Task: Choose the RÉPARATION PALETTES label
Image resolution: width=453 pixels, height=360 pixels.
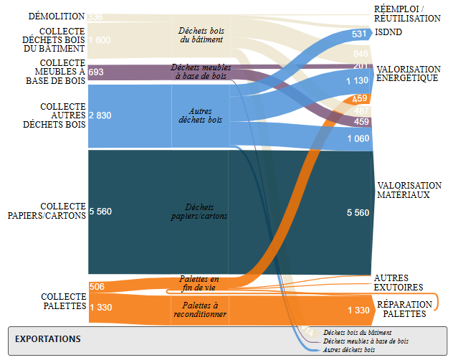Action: pyautogui.click(x=403, y=309)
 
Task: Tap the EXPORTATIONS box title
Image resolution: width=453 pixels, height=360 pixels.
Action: pyautogui.click(x=48, y=338)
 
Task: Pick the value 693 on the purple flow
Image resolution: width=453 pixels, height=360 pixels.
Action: pyautogui.click(x=96, y=72)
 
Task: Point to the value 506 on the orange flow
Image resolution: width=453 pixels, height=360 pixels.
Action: pyautogui.click(x=97, y=287)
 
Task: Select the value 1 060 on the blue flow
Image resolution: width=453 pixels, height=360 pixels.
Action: pyautogui.click(x=357, y=138)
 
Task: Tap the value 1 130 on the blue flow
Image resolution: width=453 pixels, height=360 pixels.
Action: pyautogui.click(x=357, y=81)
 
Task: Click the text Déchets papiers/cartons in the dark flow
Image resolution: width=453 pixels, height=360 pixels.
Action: pyautogui.click(x=200, y=212)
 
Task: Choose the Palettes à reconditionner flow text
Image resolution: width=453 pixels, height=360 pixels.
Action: pyautogui.click(x=200, y=309)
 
